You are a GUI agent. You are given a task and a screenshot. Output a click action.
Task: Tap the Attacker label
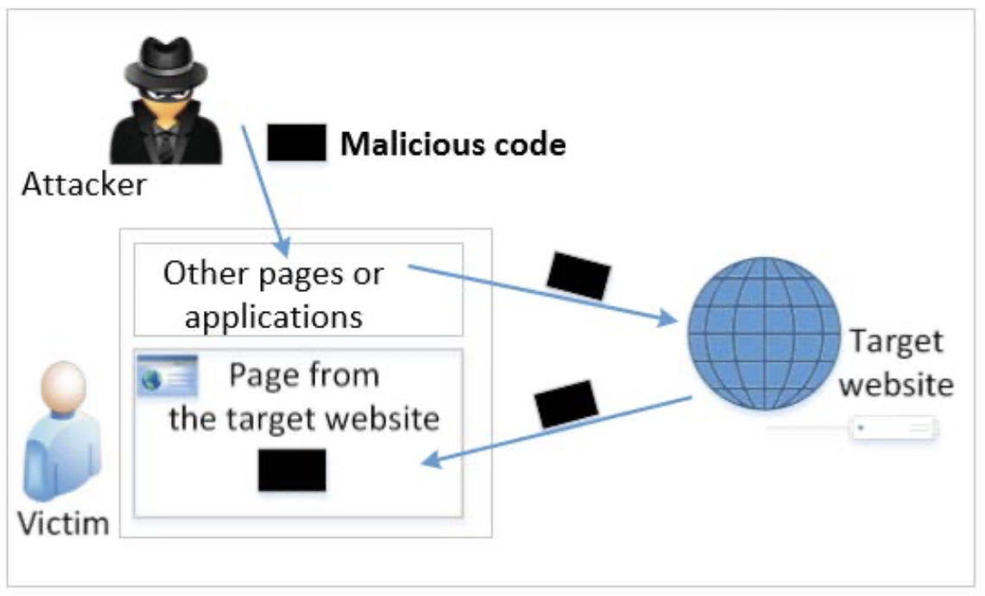pyautogui.click(x=84, y=184)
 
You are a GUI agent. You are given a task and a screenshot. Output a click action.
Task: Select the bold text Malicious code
pyautogui.click(x=453, y=144)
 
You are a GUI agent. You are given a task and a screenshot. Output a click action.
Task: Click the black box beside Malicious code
pyautogui.click(x=296, y=143)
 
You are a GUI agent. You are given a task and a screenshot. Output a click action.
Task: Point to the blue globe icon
pyautogui.click(x=765, y=331)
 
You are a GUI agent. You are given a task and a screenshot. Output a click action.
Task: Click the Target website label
pyautogui.click(x=896, y=363)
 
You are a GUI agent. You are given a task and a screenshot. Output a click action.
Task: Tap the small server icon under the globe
pyautogui.click(x=893, y=428)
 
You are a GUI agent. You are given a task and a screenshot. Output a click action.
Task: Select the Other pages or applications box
pyautogui.click(x=298, y=289)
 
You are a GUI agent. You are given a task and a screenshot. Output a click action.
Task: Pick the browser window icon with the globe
pyautogui.click(x=168, y=376)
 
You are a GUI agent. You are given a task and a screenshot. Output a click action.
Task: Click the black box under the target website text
pyautogui.click(x=292, y=470)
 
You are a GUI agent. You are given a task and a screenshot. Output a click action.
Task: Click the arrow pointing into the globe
pyautogui.click(x=544, y=295)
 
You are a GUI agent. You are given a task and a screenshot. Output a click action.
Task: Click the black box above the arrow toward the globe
pyautogui.click(x=579, y=275)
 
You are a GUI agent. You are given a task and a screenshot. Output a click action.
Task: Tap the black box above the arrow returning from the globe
pyautogui.click(x=566, y=403)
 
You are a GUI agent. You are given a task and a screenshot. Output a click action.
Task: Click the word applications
pyautogui.click(x=273, y=316)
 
